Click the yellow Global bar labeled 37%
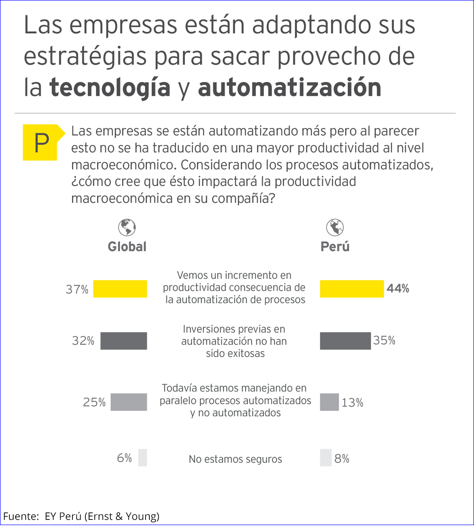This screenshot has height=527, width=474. point(120,289)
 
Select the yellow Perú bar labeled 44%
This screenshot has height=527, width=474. point(352,289)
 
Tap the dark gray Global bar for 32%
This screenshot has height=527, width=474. point(124,341)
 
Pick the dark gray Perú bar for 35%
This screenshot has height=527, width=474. point(345,341)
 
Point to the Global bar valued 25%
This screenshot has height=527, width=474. point(128,402)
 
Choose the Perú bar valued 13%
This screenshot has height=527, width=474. point(329,402)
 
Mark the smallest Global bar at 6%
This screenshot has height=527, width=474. point(143,458)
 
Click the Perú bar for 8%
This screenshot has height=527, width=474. point(326,458)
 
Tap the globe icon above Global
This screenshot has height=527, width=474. point(127,227)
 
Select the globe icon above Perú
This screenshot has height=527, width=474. point(335,227)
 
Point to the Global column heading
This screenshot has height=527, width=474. point(127,247)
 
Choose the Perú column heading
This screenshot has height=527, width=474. point(335,247)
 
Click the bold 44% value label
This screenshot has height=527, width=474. point(398,289)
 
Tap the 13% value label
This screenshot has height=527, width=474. point(352,403)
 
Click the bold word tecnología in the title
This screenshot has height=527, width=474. point(110,88)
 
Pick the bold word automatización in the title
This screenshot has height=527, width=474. point(289,88)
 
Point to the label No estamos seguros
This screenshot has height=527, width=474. point(235,459)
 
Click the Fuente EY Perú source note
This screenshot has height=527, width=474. point(82,517)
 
